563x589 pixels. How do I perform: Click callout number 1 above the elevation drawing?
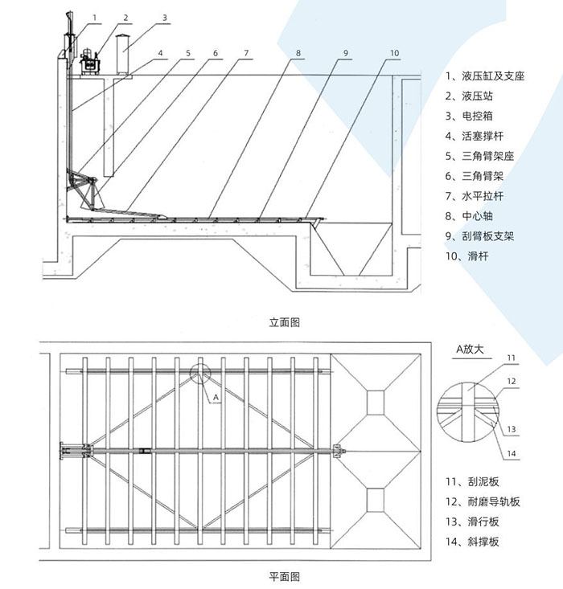95,16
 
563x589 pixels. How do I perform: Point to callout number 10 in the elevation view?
394,53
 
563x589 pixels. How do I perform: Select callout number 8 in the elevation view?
298,53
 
